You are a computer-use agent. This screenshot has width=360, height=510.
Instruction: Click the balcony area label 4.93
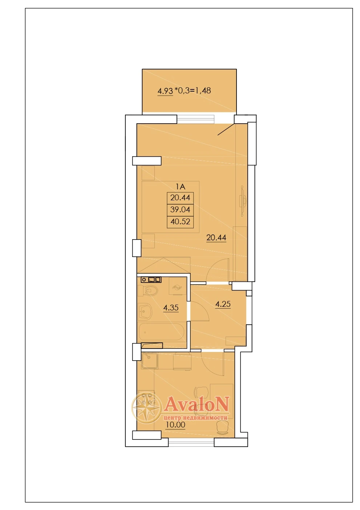(x=165, y=91)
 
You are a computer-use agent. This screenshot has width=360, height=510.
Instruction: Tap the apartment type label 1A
(x=180, y=187)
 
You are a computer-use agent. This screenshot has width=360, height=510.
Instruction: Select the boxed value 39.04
(x=180, y=209)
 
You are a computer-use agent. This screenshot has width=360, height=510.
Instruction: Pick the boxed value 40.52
(x=180, y=221)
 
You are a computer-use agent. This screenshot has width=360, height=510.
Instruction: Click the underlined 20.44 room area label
(x=216, y=238)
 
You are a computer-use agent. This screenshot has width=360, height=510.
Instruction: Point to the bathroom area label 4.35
(x=171, y=308)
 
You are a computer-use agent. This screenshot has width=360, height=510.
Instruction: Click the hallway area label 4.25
(x=223, y=304)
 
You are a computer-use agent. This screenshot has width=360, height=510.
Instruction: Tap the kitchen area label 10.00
(x=175, y=425)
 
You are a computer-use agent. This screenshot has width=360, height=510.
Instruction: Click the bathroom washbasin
(x=145, y=311)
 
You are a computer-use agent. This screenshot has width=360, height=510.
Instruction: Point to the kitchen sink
(x=149, y=360)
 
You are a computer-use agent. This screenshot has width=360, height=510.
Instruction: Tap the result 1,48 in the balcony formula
(x=203, y=91)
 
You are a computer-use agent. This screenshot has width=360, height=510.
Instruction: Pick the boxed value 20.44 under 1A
(x=180, y=198)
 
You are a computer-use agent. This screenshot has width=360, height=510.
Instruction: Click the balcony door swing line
(x=226, y=129)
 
